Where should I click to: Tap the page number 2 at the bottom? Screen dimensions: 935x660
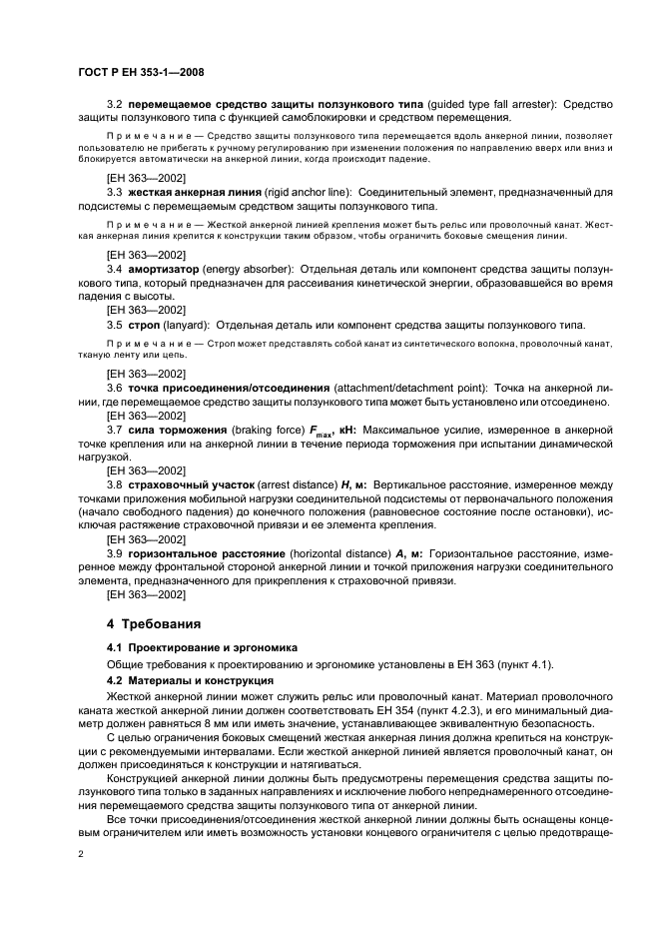(80, 856)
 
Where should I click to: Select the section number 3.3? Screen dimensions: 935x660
(114, 190)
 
